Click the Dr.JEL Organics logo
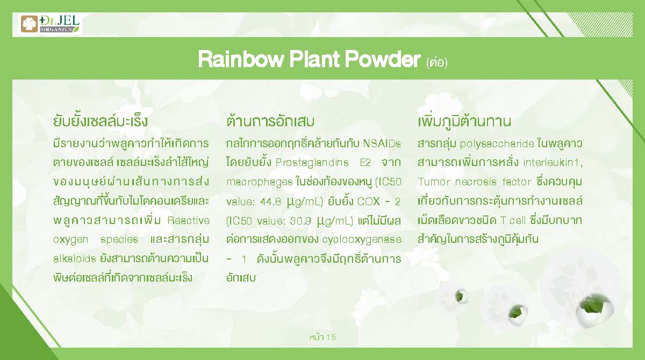pyautogui.click(x=50, y=24)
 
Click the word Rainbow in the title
pyautogui.click(x=241, y=59)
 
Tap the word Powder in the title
pyautogui.click(x=383, y=59)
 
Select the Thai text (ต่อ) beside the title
pyautogui.click(x=437, y=62)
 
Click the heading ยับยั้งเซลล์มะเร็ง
pyautogui.click(x=101, y=121)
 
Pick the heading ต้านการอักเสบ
pyautogui.click(x=270, y=121)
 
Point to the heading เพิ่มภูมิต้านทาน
pyautogui.click(x=464, y=121)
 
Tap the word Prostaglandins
pyautogui.click(x=312, y=163)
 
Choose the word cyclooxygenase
pyautogui.click(x=362, y=240)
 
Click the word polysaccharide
pyautogui.click(x=497, y=143)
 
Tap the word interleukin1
pyautogui.click(x=553, y=163)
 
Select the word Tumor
pyautogui.click(x=434, y=182)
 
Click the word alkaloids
pyautogui.click(x=74, y=258)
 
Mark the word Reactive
pyautogui.click(x=188, y=220)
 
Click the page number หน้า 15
pyautogui.click(x=322, y=337)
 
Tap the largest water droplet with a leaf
pyautogui.click(x=594, y=310)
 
